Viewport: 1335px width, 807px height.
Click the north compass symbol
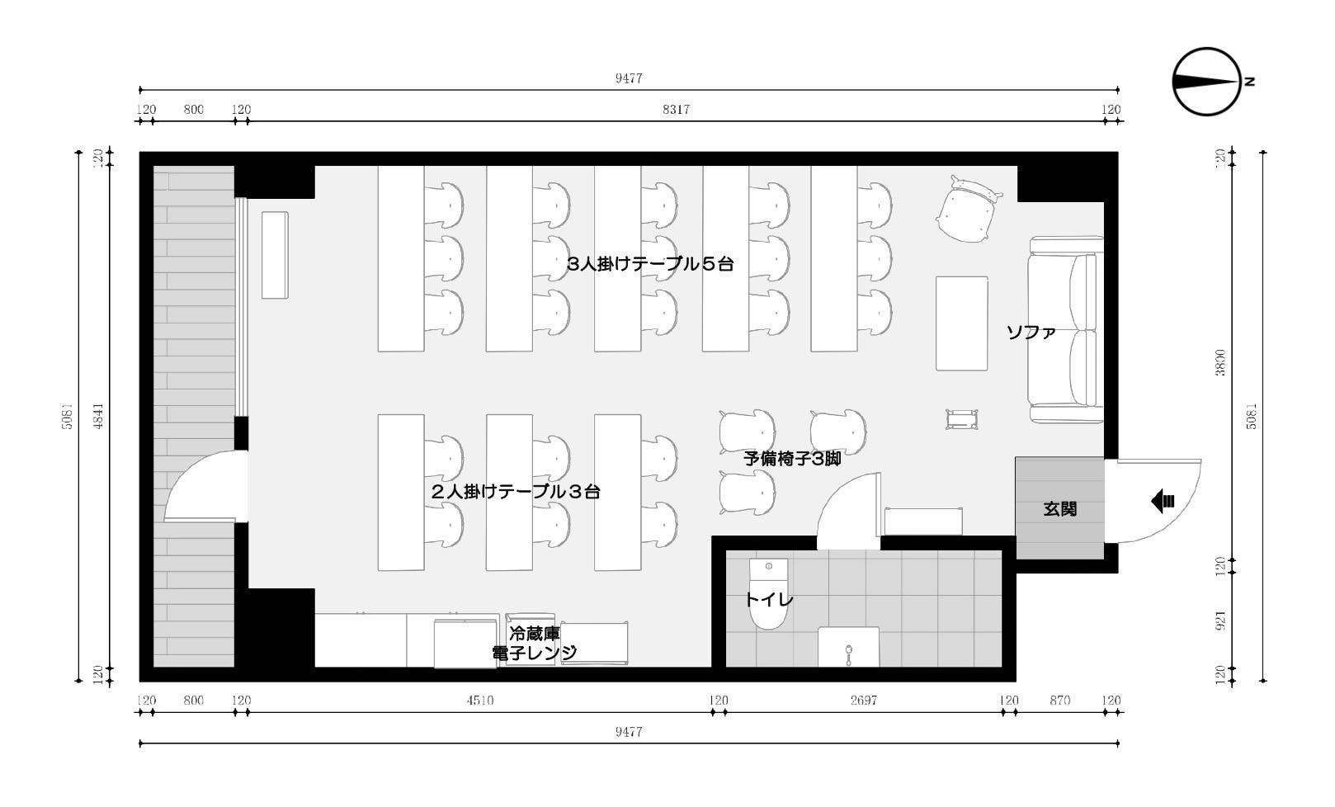click(x=1206, y=82)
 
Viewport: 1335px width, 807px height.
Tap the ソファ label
click(x=1031, y=333)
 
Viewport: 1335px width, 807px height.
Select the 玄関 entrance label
click(x=1059, y=509)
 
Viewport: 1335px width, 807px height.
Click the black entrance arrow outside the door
click(x=1163, y=500)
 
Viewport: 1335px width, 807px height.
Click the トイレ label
click(x=768, y=600)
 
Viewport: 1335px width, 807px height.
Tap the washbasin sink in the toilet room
click(x=848, y=647)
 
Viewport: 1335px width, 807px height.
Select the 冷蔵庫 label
click(x=534, y=634)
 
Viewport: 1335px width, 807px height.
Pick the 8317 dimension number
click(x=676, y=110)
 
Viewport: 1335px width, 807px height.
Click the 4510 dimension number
click(x=479, y=701)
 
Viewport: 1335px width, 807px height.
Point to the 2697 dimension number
click(x=863, y=701)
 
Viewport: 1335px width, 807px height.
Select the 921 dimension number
click(x=1220, y=621)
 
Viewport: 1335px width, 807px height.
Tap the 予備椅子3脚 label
click(x=792, y=460)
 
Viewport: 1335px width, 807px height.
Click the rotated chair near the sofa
click(x=967, y=210)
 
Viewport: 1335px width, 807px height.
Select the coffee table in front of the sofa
click(x=961, y=323)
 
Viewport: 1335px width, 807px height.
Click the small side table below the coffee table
click(x=961, y=419)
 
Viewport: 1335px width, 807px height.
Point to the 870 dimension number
click(x=1059, y=701)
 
